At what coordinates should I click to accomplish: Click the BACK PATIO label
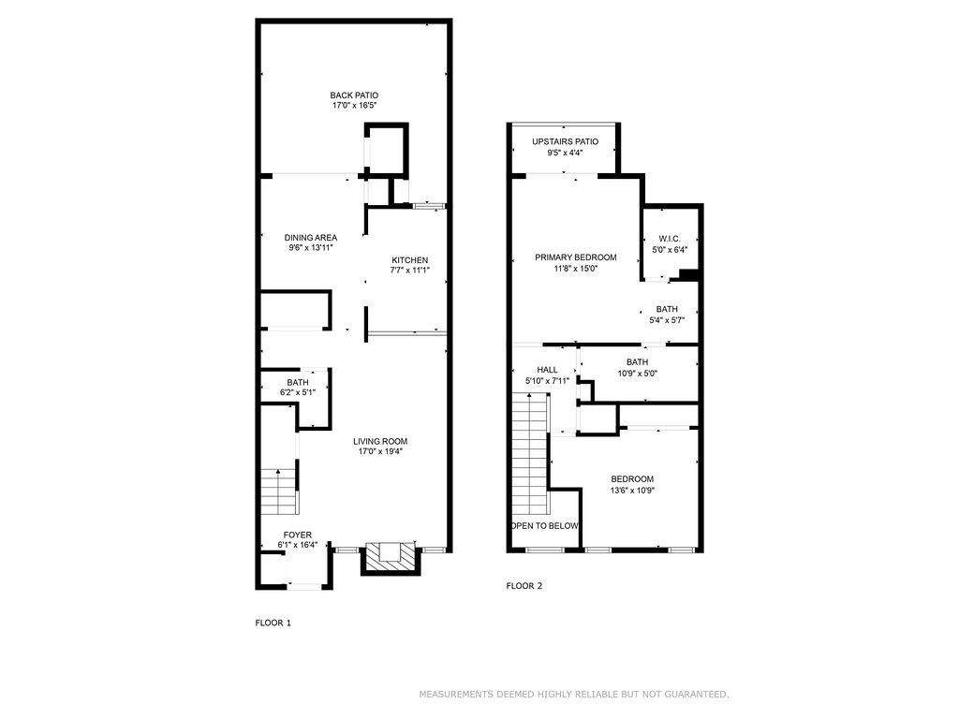coord(354,95)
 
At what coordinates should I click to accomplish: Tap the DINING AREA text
coord(311,238)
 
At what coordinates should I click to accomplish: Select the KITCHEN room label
coord(410,260)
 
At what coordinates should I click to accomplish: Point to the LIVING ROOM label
coord(380,442)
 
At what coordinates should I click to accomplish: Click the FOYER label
coord(297,535)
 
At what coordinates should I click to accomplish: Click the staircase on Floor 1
coord(279,492)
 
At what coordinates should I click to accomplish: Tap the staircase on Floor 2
coord(529,454)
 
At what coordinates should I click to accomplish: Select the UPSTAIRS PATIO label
coord(565,142)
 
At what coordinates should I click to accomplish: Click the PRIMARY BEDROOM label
coord(576,257)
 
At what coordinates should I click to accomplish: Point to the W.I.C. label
coord(669,239)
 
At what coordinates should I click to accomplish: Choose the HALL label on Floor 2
coord(547,370)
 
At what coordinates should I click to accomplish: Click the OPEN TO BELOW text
coord(545,526)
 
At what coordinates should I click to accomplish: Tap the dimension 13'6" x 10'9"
coord(632,491)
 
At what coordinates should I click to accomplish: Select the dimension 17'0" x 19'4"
coord(380,452)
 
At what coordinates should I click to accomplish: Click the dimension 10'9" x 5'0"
coord(637,373)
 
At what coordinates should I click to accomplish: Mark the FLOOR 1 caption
coord(273,623)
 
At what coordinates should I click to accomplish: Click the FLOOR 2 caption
coord(524,586)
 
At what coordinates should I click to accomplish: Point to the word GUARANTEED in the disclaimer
coord(696,695)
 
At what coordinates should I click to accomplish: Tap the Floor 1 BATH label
coord(297,383)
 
